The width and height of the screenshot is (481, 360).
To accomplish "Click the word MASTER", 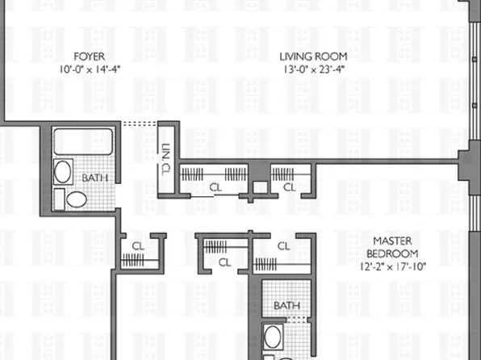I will (393, 241).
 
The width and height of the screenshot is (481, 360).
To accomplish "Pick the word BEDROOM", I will (393, 253).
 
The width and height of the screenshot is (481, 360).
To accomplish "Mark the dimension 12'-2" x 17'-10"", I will (393, 266).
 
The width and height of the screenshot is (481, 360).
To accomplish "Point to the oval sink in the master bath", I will (273, 337).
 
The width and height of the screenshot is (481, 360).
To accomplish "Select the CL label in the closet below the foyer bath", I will (137, 245).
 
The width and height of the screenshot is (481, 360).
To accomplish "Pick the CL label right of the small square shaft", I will (288, 187).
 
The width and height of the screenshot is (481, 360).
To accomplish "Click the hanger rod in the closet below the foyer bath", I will (132, 260).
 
